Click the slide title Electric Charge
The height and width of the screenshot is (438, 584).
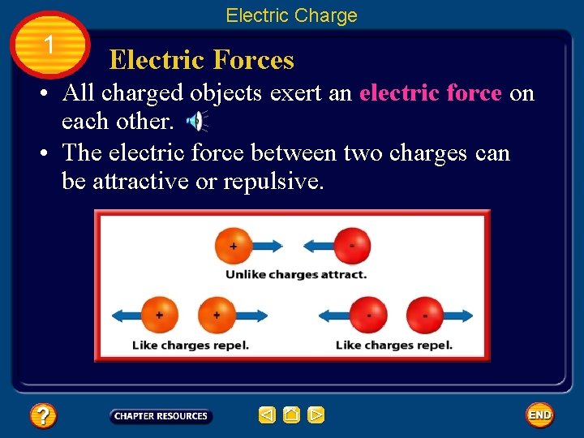click(291, 15)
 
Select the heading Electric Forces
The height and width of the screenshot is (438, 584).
click(201, 60)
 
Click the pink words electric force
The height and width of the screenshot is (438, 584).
click(430, 93)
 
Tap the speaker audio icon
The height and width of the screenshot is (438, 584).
click(196, 122)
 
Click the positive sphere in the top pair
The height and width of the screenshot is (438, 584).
click(234, 245)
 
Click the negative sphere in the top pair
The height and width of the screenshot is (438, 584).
click(351, 245)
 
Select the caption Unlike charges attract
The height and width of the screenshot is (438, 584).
click(295, 274)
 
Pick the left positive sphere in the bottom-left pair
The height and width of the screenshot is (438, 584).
click(159, 315)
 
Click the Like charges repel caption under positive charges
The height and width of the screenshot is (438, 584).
click(191, 345)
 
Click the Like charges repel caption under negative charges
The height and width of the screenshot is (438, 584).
click(394, 345)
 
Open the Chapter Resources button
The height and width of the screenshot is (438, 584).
click(161, 416)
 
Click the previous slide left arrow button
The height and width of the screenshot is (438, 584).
click(267, 415)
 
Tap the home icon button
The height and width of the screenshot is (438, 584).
click(291, 415)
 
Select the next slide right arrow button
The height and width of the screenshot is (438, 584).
click(316, 415)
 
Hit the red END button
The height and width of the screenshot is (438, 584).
click(539, 415)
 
